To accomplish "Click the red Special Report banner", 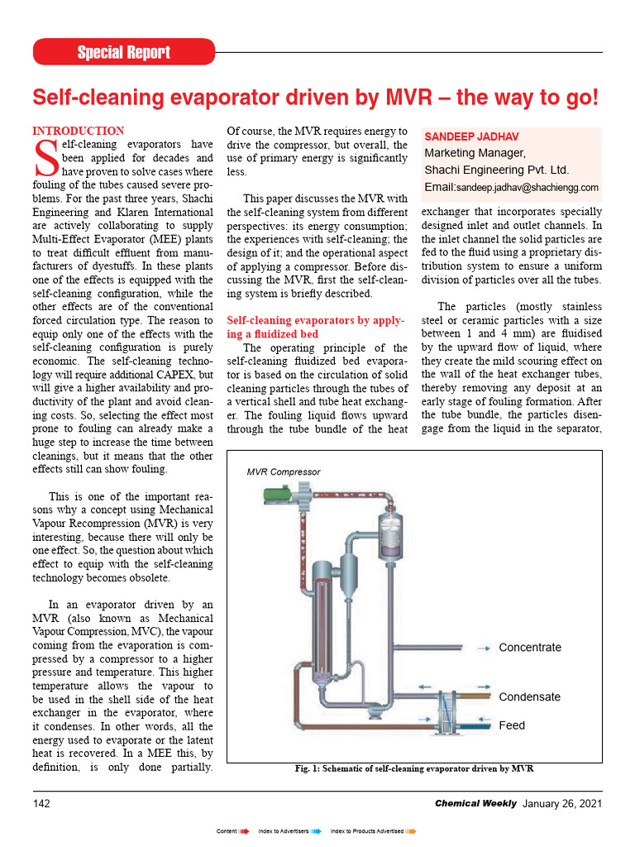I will [x=124, y=52].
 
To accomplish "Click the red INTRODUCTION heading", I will [x=78, y=131].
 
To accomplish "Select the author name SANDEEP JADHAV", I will [x=472, y=136].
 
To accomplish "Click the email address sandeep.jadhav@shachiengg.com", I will [x=527, y=188].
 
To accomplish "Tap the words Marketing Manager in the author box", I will [x=475, y=153].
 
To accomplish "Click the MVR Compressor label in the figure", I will [x=284, y=471].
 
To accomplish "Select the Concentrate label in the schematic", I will [x=529, y=648].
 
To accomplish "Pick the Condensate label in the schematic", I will [x=529, y=696].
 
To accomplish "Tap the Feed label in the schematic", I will [x=512, y=725].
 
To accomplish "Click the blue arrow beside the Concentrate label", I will [x=480, y=648].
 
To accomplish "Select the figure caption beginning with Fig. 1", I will [x=413, y=768].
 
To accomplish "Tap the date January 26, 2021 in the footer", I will [x=561, y=803].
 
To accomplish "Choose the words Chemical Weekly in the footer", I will [x=475, y=803].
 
